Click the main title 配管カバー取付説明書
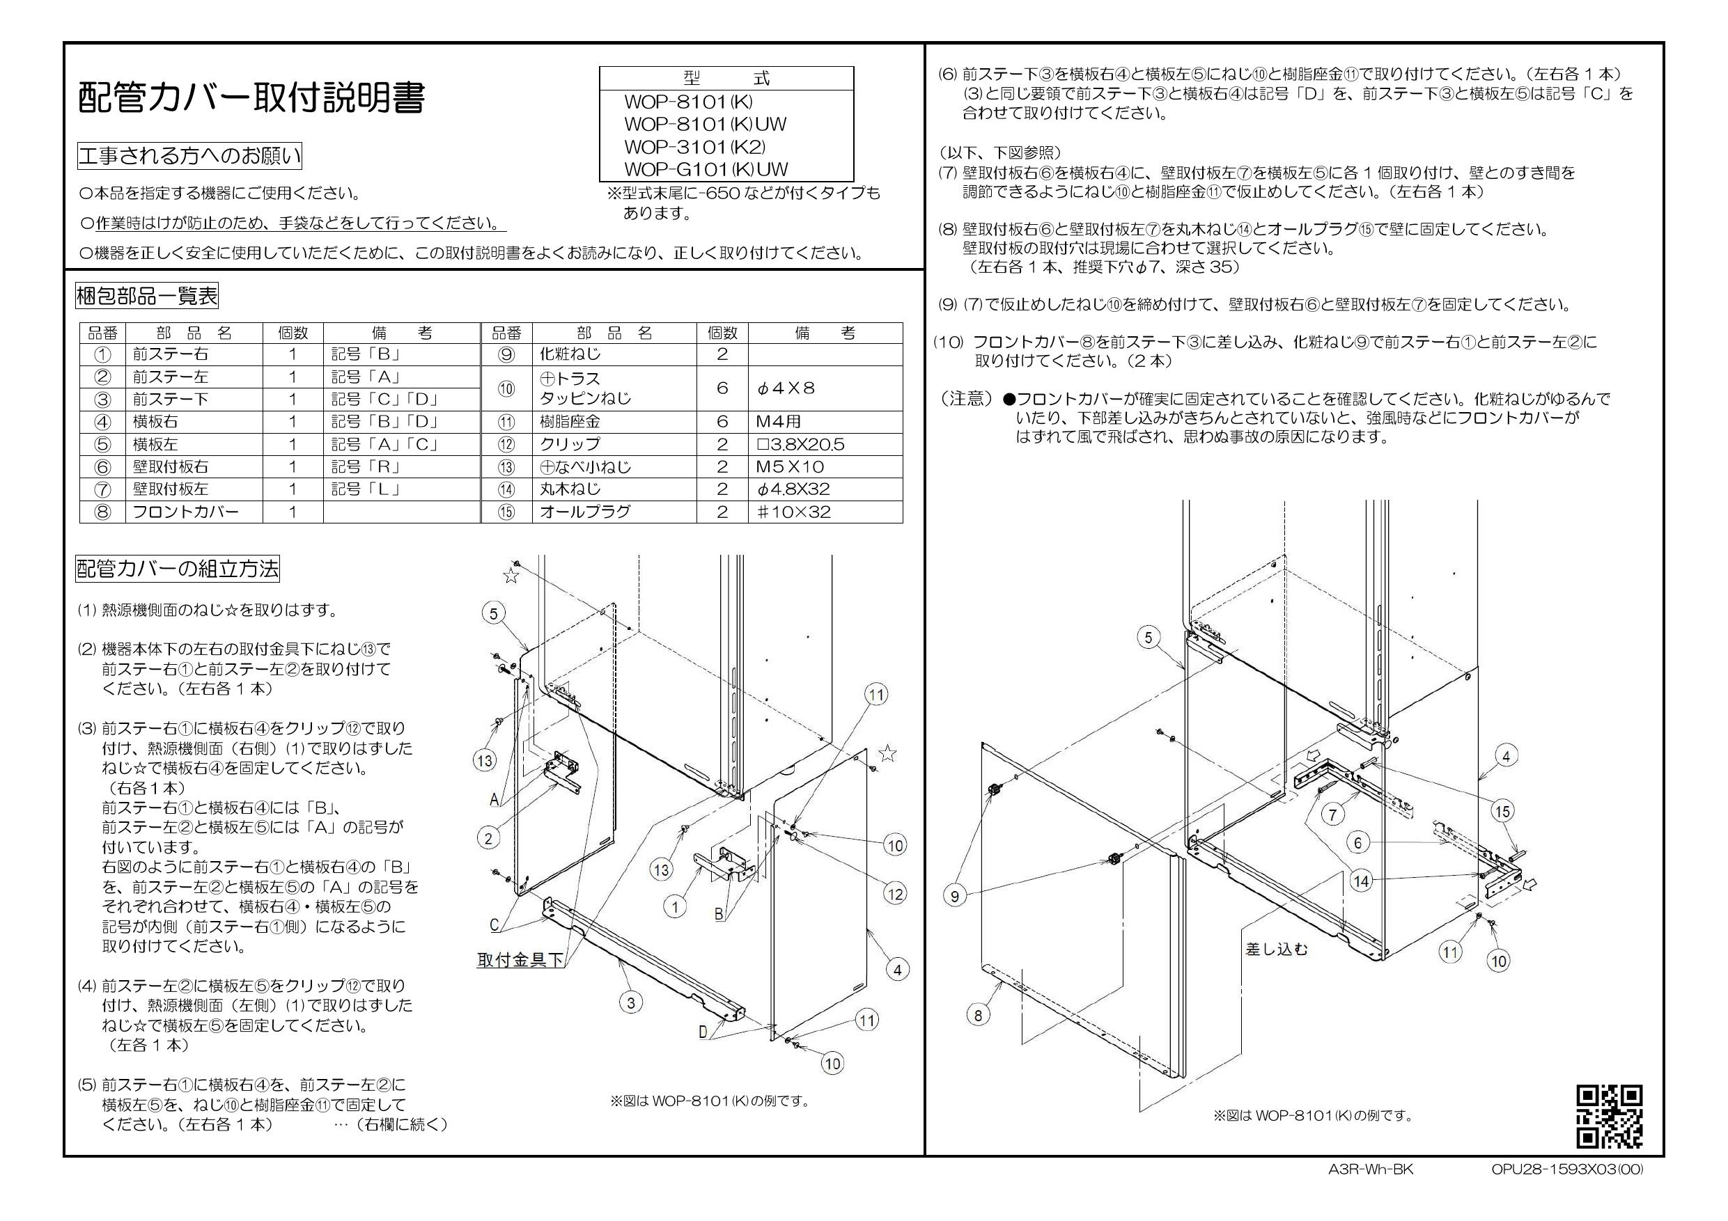251,97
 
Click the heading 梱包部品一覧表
147,296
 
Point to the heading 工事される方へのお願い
189,156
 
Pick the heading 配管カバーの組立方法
177,568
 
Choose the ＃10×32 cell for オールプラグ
793,512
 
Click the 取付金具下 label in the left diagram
520,960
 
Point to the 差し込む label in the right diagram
1277,950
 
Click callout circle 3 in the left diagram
631,1002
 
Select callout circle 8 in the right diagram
978,1016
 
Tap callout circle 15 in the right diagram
1503,811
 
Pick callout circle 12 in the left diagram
894,894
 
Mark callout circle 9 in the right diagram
954,896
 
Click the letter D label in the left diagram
703,1032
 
